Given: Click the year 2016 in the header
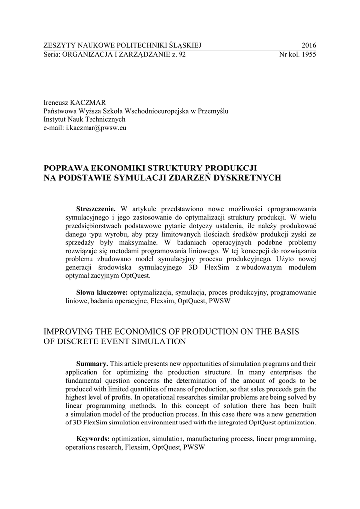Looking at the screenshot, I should (309, 45).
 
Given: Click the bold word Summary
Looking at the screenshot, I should (91, 364).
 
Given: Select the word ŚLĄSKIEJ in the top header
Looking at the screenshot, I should (185, 45).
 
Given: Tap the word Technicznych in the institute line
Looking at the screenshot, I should (104, 120).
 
